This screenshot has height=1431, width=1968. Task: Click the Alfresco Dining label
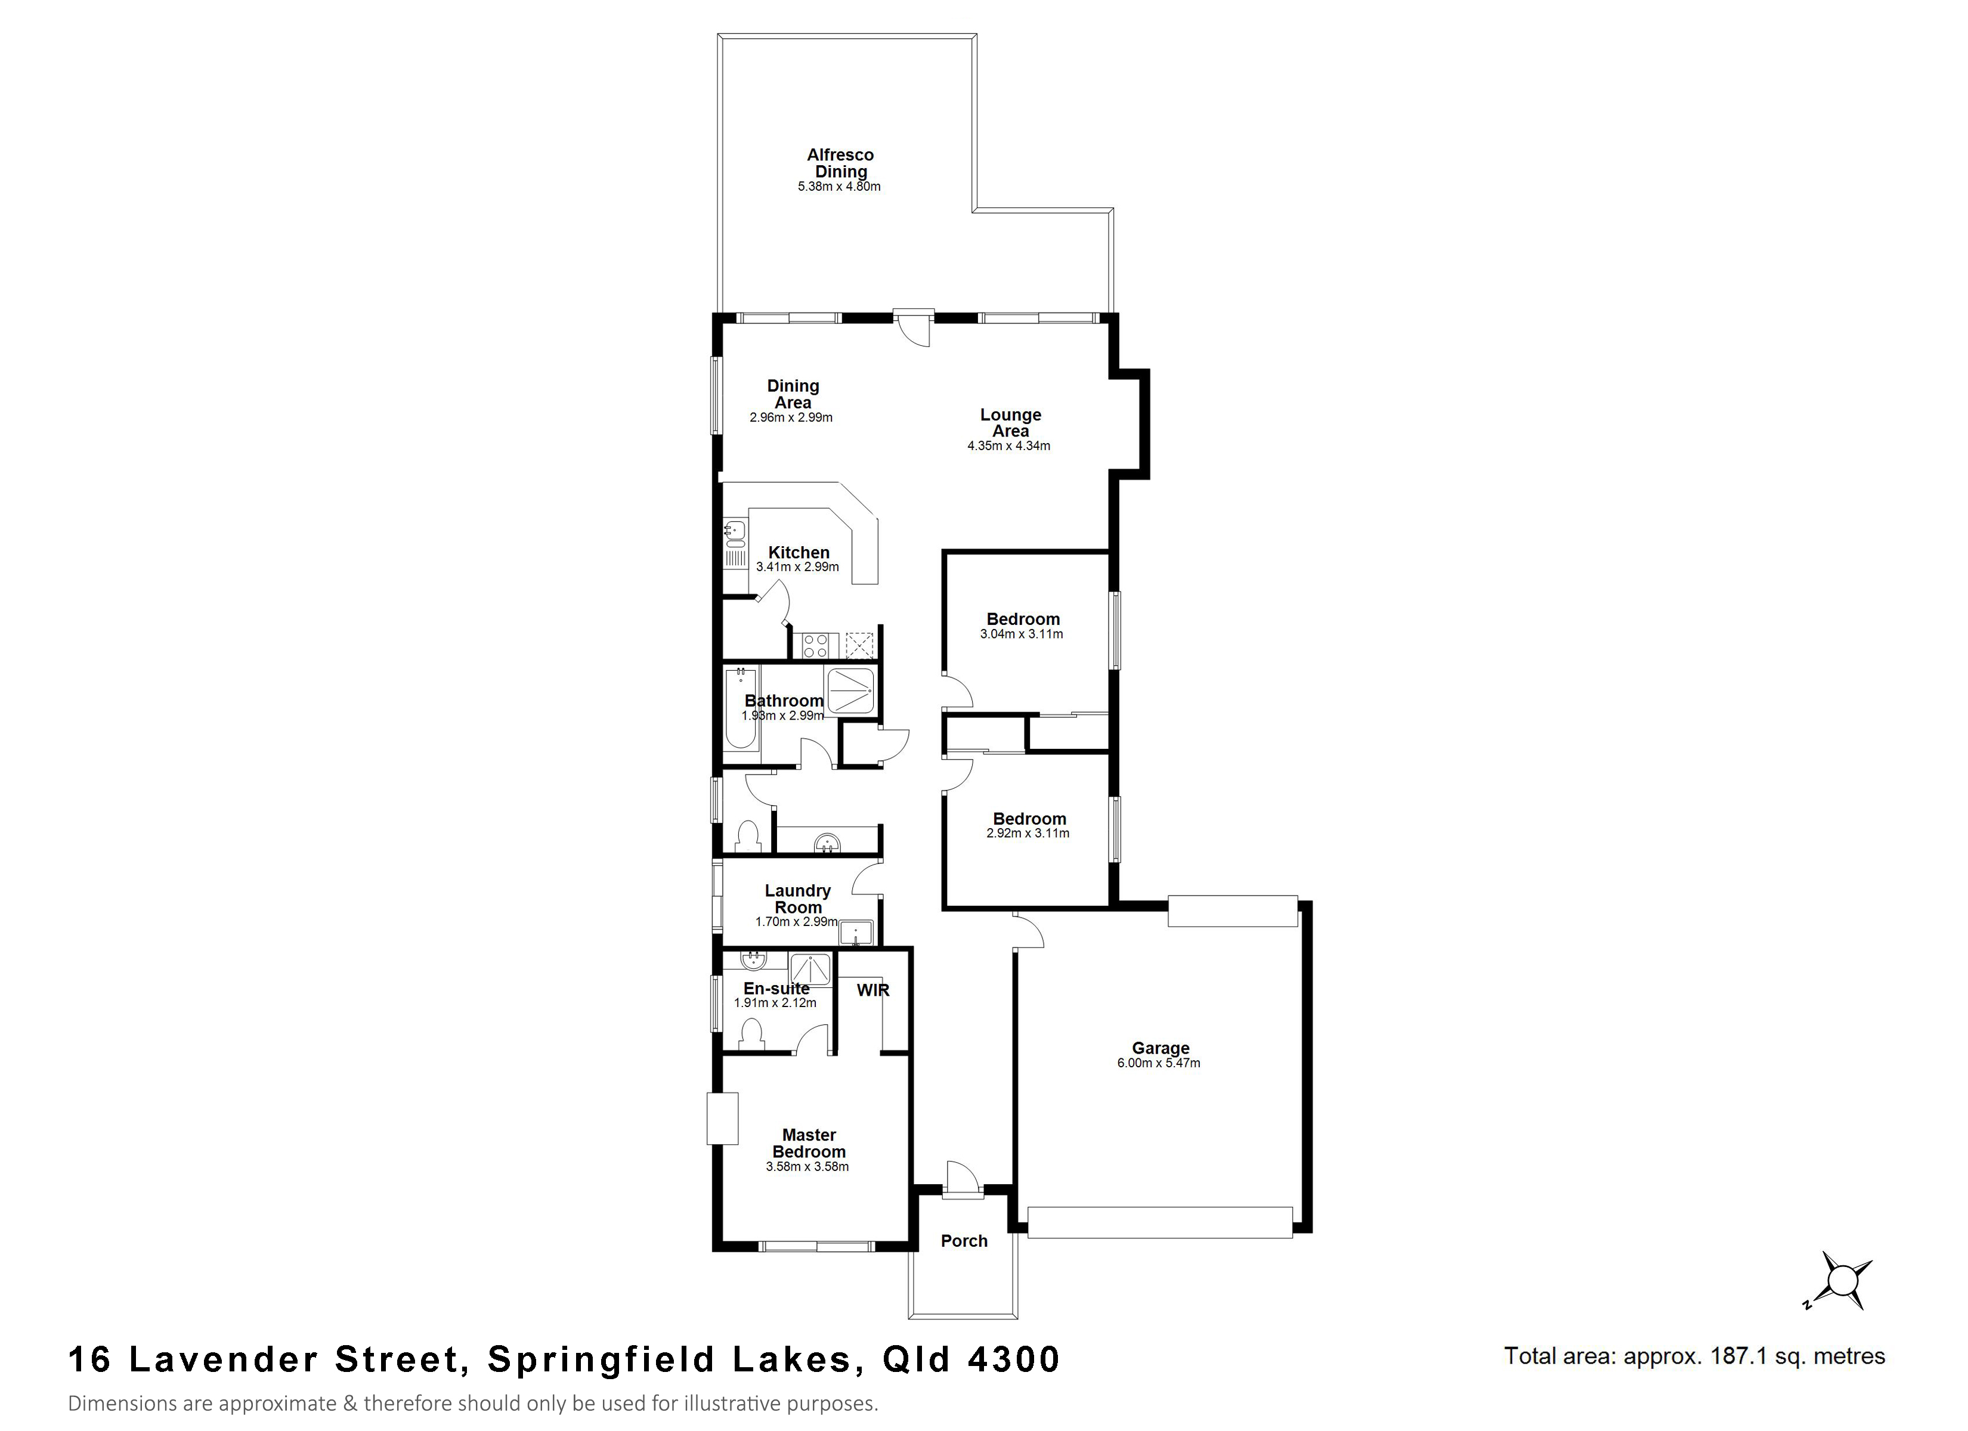click(840, 163)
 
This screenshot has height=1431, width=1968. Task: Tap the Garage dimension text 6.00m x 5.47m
click(1158, 1063)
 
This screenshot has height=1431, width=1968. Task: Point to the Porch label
click(964, 1241)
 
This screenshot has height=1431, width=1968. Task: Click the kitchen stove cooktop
click(816, 645)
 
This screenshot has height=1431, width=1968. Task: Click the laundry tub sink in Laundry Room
click(856, 933)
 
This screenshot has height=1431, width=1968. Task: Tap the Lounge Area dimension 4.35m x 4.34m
click(1008, 446)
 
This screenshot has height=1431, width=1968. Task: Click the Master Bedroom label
click(809, 1144)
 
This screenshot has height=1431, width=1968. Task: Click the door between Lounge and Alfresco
click(914, 328)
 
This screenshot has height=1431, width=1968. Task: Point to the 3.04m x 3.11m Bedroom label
click(1023, 620)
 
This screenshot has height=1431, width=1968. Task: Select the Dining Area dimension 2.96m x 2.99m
click(791, 417)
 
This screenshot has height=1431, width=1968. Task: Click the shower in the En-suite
click(810, 970)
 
